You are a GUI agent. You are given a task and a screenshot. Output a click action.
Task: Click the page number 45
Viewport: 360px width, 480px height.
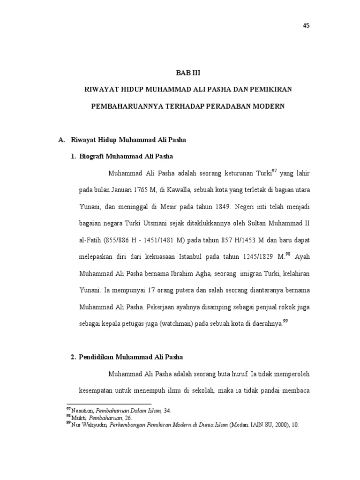click(307, 26)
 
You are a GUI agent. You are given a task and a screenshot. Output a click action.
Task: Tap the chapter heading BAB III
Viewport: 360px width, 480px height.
click(187, 73)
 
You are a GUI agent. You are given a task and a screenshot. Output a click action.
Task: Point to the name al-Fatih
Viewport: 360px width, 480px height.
click(90, 240)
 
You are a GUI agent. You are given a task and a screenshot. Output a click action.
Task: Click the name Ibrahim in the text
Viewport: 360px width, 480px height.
click(185, 273)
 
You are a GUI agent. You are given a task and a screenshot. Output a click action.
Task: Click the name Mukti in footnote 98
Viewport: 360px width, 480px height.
click(77, 418)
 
